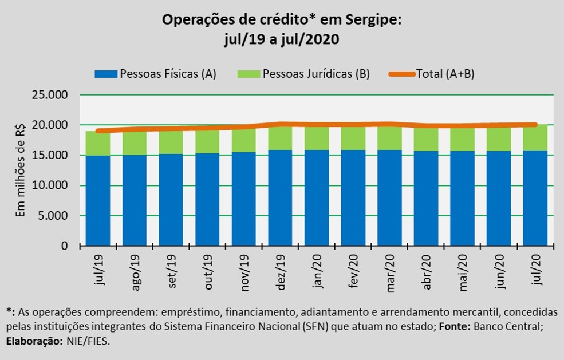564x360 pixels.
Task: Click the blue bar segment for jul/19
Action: tap(98, 200)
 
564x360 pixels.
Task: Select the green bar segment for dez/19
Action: tap(280, 138)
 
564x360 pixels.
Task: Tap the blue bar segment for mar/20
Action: tap(389, 197)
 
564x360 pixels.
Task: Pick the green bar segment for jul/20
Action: tap(535, 139)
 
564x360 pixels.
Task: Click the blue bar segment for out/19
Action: tap(207, 199)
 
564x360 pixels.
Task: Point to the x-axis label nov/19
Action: tap(245, 273)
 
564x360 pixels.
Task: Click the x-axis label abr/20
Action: tap(427, 272)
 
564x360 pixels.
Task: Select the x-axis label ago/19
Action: tap(136, 273)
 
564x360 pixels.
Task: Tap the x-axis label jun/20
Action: tap(499, 272)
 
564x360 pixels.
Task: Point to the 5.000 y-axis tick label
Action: tap(54, 216)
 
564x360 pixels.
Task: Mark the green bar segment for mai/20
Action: tap(462, 139)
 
